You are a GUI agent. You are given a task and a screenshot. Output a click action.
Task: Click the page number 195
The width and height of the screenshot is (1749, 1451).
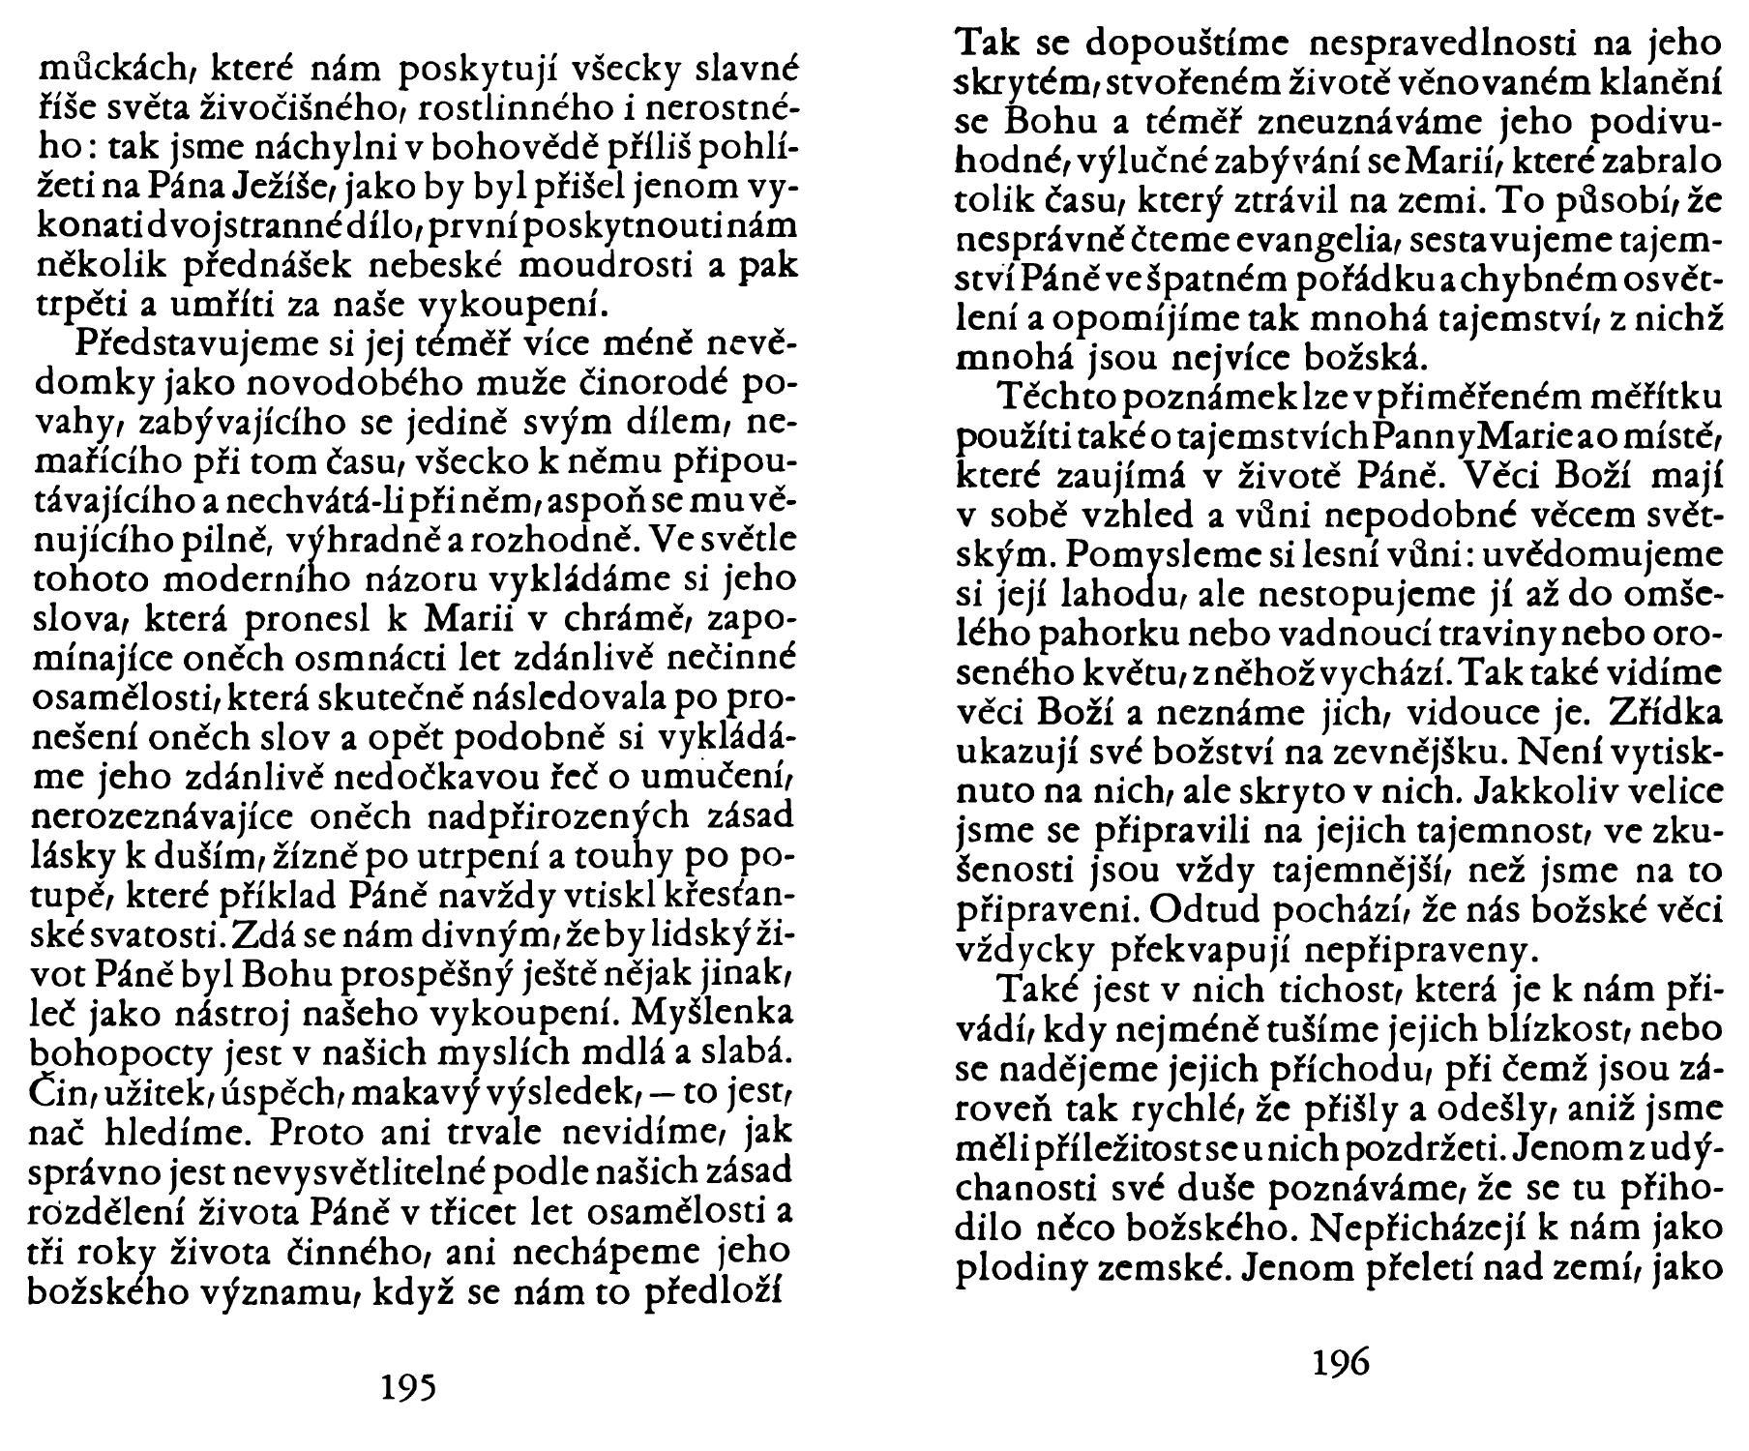(x=407, y=1387)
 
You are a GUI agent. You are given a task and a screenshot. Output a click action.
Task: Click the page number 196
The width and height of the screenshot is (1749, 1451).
(x=1341, y=1362)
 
